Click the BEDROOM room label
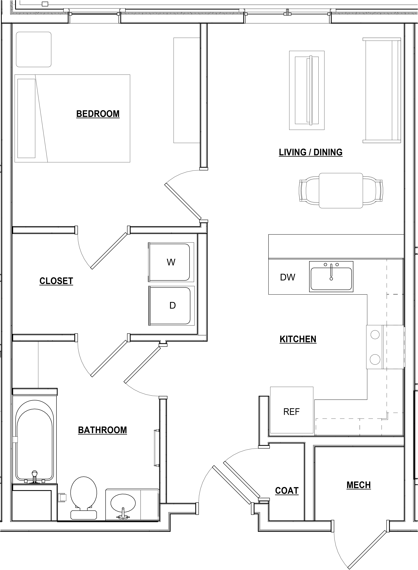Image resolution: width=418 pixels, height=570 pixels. click(98, 114)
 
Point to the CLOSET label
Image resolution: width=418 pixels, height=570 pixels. click(56, 281)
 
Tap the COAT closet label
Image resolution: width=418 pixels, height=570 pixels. click(287, 491)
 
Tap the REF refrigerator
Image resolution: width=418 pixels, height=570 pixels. click(291, 412)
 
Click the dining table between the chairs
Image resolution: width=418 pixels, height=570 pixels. click(341, 191)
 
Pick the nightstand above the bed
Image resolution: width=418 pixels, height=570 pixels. click(34, 49)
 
